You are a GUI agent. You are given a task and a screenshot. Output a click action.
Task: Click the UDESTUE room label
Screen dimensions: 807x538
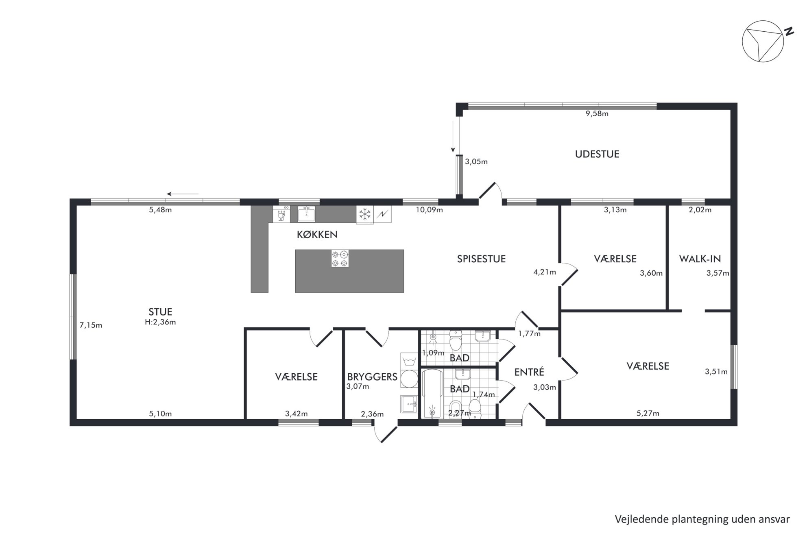pos(597,154)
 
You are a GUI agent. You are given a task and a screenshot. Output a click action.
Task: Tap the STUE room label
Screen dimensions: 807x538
pos(160,312)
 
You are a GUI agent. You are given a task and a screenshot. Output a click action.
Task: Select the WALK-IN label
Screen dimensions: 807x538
pos(700,259)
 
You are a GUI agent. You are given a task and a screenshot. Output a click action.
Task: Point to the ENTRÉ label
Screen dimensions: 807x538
pos(529,372)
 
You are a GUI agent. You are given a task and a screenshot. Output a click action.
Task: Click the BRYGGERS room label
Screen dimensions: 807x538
pos(372,377)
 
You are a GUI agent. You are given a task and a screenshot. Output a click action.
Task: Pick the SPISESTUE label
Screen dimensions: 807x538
pos(481,259)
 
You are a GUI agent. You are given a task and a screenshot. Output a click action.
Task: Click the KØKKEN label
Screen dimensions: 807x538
pos(317,235)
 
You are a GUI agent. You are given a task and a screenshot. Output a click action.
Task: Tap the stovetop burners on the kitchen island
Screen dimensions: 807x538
pos(340,259)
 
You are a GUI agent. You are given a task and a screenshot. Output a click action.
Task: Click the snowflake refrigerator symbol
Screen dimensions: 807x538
pos(365,214)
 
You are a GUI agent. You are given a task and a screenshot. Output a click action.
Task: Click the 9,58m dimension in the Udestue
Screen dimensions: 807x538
pos(597,114)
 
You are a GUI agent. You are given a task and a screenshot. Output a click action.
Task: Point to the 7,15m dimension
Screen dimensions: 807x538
pos(91,325)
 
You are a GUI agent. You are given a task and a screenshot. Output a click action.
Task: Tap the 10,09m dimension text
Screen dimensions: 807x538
pos(429,210)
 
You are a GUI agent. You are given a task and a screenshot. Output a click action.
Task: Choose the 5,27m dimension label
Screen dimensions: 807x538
pos(648,414)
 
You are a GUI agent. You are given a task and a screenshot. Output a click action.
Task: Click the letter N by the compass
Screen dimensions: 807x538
pos(789,31)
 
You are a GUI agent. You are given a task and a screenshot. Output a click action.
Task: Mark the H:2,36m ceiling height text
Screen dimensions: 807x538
pos(160,322)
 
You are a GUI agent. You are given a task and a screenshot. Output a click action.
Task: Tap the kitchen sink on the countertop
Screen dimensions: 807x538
pos(307,214)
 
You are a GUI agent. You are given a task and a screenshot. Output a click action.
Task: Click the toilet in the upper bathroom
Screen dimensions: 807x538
pos(456,341)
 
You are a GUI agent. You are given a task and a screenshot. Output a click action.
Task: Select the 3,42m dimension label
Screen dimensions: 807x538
pos(296,414)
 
